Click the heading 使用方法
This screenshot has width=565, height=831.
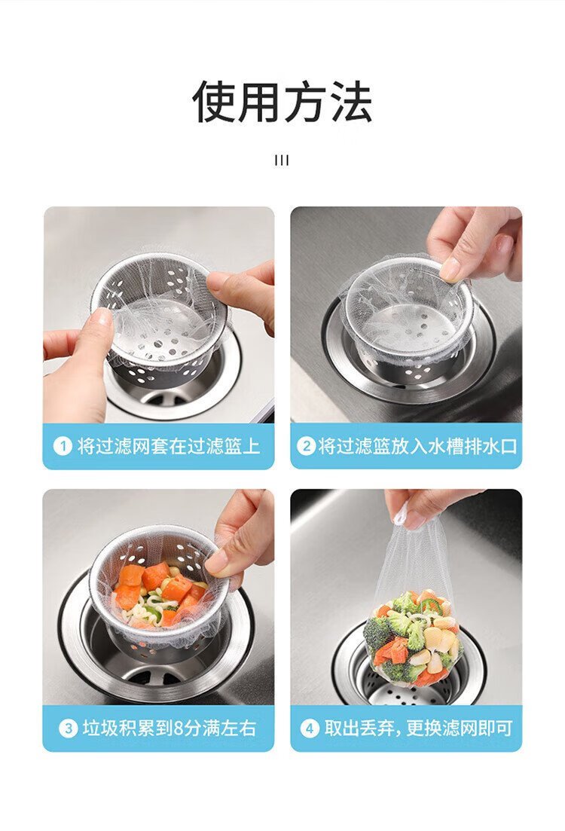tap(282, 102)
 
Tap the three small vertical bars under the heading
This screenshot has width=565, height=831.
tap(282, 160)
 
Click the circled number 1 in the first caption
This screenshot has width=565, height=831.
tap(63, 446)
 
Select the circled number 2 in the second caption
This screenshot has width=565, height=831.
tap(306, 446)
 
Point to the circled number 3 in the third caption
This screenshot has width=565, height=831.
tap(68, 729)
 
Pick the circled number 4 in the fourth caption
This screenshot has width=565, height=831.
tap(310, 729)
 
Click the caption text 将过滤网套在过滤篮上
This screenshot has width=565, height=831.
tap(169, 446)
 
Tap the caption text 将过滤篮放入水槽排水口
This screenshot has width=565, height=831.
tap(417, 446)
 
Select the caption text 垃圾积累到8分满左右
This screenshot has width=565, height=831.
tap(169, 729)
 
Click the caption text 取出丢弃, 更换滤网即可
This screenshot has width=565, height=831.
tap(419, 729)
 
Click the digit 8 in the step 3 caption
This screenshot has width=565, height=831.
tap(179, 729)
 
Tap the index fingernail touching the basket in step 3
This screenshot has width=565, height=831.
tap(216, 562)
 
